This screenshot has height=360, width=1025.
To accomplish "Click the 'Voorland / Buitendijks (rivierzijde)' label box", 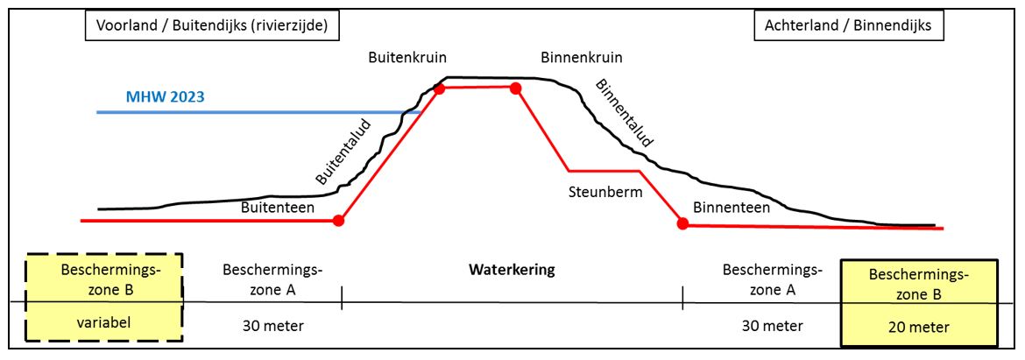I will pos(212,26).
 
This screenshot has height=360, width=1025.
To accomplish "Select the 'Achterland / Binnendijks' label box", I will pos(849,26).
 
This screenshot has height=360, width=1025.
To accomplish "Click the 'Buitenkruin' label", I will pos(406,59).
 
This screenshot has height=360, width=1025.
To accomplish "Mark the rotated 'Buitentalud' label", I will pos(343,152).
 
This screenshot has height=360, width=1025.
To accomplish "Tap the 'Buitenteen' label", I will pos(277,208).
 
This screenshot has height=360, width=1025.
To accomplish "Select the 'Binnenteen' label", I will pos(732,208).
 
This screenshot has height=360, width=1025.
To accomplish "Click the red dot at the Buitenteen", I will pos(339,221).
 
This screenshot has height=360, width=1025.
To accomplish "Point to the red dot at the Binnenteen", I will pos(682,223).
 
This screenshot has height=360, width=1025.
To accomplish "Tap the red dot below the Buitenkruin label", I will pos(439,88).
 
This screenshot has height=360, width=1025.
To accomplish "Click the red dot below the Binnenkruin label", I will pos(516,88).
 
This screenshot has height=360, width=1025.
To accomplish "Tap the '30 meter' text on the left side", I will pos(273,326).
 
